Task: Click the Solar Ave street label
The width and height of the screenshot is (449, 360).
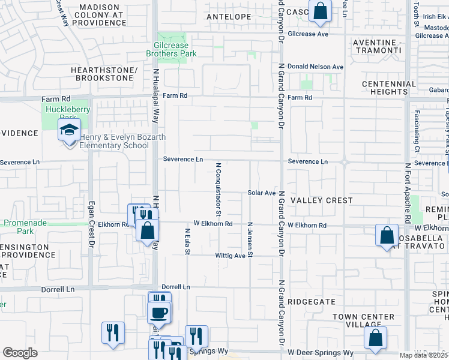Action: click(261, 193)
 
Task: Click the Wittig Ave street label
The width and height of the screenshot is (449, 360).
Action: click(231, 256)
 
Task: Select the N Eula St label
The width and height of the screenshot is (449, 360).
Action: click(187, 241)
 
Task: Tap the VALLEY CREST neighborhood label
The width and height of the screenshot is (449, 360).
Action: click(321, 200)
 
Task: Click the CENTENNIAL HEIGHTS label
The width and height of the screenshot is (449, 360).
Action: click(389, 88)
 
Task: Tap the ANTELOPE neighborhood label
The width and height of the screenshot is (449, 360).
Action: click(229, 17)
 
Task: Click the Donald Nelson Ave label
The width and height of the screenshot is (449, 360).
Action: click(315, 67)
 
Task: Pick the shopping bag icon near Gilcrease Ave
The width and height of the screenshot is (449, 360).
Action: click(320, 11)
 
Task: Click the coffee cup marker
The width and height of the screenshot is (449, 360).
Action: click(159, 313)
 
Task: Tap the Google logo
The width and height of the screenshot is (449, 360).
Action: click(20, 353)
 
